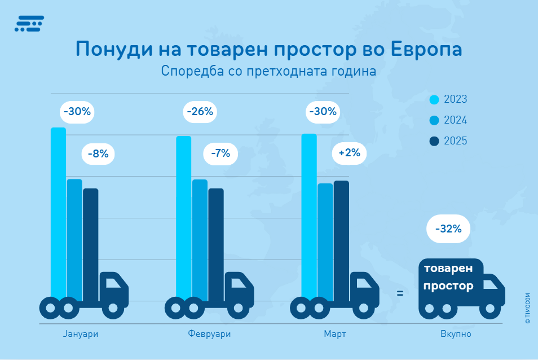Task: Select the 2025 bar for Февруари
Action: [216, 243]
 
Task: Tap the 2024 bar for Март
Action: [325, 240]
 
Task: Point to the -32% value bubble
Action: [448, 229]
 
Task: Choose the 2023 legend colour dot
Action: [434, 100]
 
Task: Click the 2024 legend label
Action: [455, 121]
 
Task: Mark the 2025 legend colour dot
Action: [434, 141]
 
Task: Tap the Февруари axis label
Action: [209, 334]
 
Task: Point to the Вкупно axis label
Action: [456, 334]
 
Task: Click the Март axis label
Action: [335, 334]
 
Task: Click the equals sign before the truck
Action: [400, 293]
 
